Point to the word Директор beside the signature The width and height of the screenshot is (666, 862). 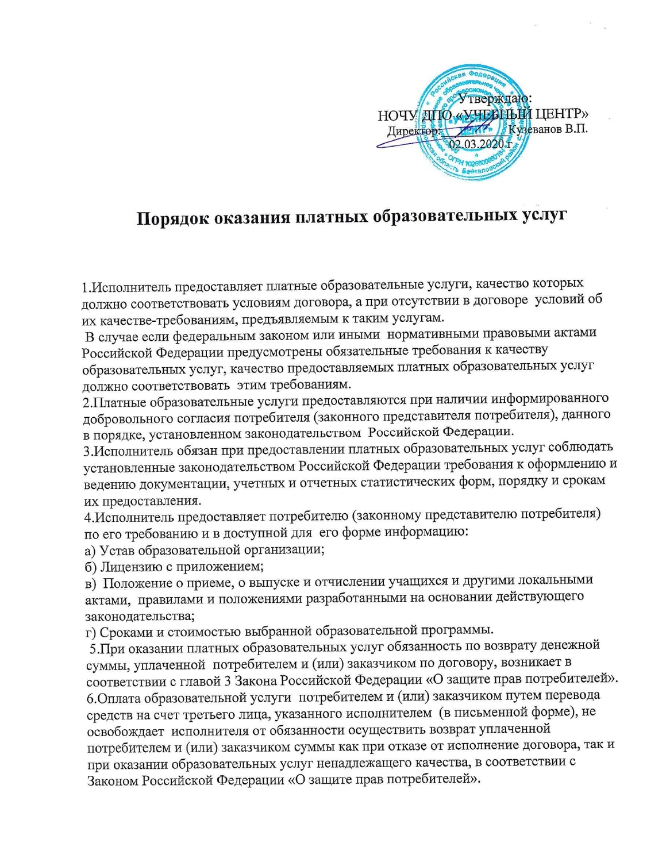pos(413,130)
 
